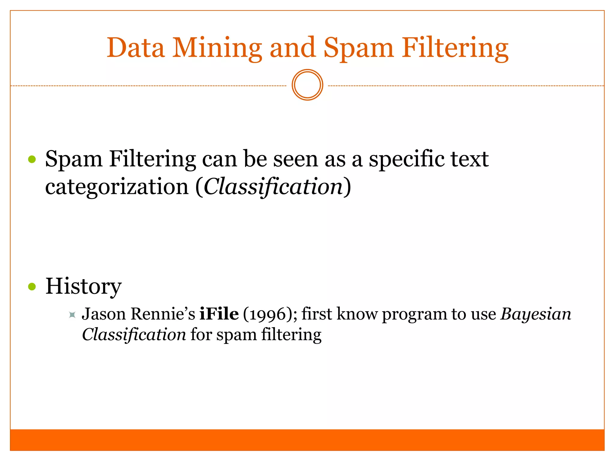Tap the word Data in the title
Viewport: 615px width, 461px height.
(136, 48)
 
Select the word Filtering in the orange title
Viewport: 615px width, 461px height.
(455, 48)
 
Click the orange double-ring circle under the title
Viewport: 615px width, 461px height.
(307, 85)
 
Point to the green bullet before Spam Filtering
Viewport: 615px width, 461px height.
(32, 159)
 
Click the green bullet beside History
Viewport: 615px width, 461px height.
(32, 287)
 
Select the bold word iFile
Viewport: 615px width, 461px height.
(219, 314)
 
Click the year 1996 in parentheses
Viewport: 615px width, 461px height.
(268, 315)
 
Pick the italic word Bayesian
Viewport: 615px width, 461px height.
(536, 315)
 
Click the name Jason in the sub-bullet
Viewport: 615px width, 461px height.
(104, 314)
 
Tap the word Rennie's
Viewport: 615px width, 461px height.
(163, 314)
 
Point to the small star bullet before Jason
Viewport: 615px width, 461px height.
(72, 315)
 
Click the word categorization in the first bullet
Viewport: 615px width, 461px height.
(117, 187)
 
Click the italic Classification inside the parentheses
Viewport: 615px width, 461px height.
(273, 187)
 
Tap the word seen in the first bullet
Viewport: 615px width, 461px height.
(295, 159)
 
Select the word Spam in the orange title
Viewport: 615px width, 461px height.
(358, 48)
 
